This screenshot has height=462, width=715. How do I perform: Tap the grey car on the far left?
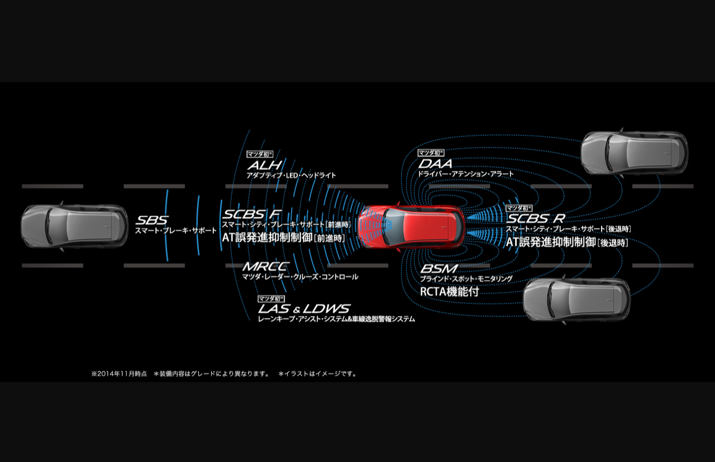[74, 226]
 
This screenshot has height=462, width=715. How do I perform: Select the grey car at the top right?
[634, 153]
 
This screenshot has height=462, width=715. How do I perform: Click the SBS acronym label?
[151, 221]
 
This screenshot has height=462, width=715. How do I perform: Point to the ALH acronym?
[264, 165]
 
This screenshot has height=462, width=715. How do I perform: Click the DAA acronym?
[435, 164]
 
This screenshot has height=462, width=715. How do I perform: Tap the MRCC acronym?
[265, 266]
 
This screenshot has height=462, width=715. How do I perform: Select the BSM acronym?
[438, 269]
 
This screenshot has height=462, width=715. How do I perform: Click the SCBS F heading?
[251, 215]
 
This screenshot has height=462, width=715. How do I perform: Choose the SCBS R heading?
[535, 218]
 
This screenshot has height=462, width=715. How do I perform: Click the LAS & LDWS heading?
[304, 308]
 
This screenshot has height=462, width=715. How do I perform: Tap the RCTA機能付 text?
[449, 291]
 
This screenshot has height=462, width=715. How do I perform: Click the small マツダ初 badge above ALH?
[260, 154]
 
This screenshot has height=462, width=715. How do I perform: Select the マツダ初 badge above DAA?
[431, 153]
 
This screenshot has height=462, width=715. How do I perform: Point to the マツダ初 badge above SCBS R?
[519, 208]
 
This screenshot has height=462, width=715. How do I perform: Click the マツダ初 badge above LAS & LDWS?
[271, 298]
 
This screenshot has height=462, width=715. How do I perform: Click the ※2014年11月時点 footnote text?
[119, 373]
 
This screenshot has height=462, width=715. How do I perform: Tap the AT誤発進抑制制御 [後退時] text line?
[566, 242]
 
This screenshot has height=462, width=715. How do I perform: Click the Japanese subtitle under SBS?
[175, 230]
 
